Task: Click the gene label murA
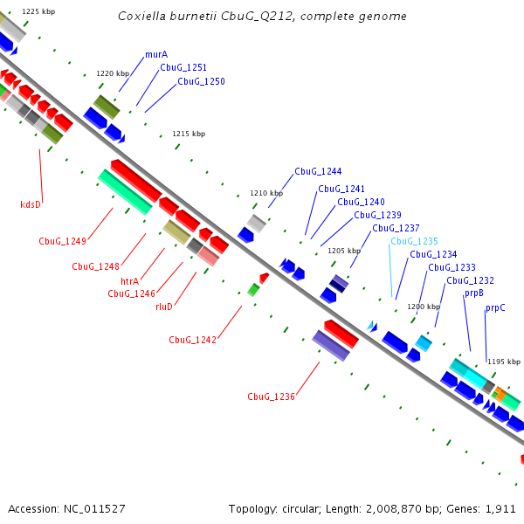point(156,54)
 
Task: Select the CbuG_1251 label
point(183,67)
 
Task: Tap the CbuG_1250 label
point(201,81)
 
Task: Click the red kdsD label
point(31,204)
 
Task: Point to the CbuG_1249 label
point(62,241)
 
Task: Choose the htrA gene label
point(129,281)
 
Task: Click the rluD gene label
point(164,307)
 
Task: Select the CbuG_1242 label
point(192,340)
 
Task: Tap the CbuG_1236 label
point(271,396)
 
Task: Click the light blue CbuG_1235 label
point(414,241)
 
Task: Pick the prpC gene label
point(495,307)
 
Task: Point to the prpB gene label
point(474,293)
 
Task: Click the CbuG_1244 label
point(318,171)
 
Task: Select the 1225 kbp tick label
point(38,11)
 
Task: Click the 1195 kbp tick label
point(504,362)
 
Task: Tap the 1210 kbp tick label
point(266,193)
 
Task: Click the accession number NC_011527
point(94,508)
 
